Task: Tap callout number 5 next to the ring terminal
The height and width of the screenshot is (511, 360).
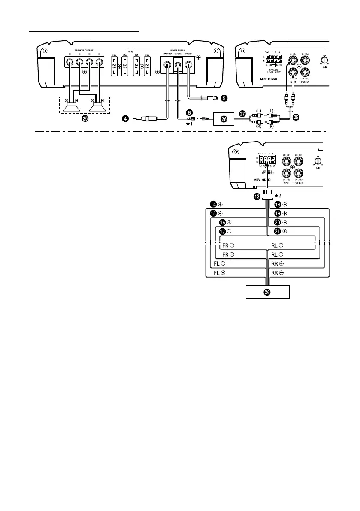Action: (x=224, y=98)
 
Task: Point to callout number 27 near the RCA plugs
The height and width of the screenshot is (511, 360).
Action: (x=243, y=114)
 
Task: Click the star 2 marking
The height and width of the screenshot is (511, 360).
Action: (x=282, y=196)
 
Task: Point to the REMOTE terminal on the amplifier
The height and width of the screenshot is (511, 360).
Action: (x=177, y=66)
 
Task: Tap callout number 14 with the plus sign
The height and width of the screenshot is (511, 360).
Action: (x=213, y=205)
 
